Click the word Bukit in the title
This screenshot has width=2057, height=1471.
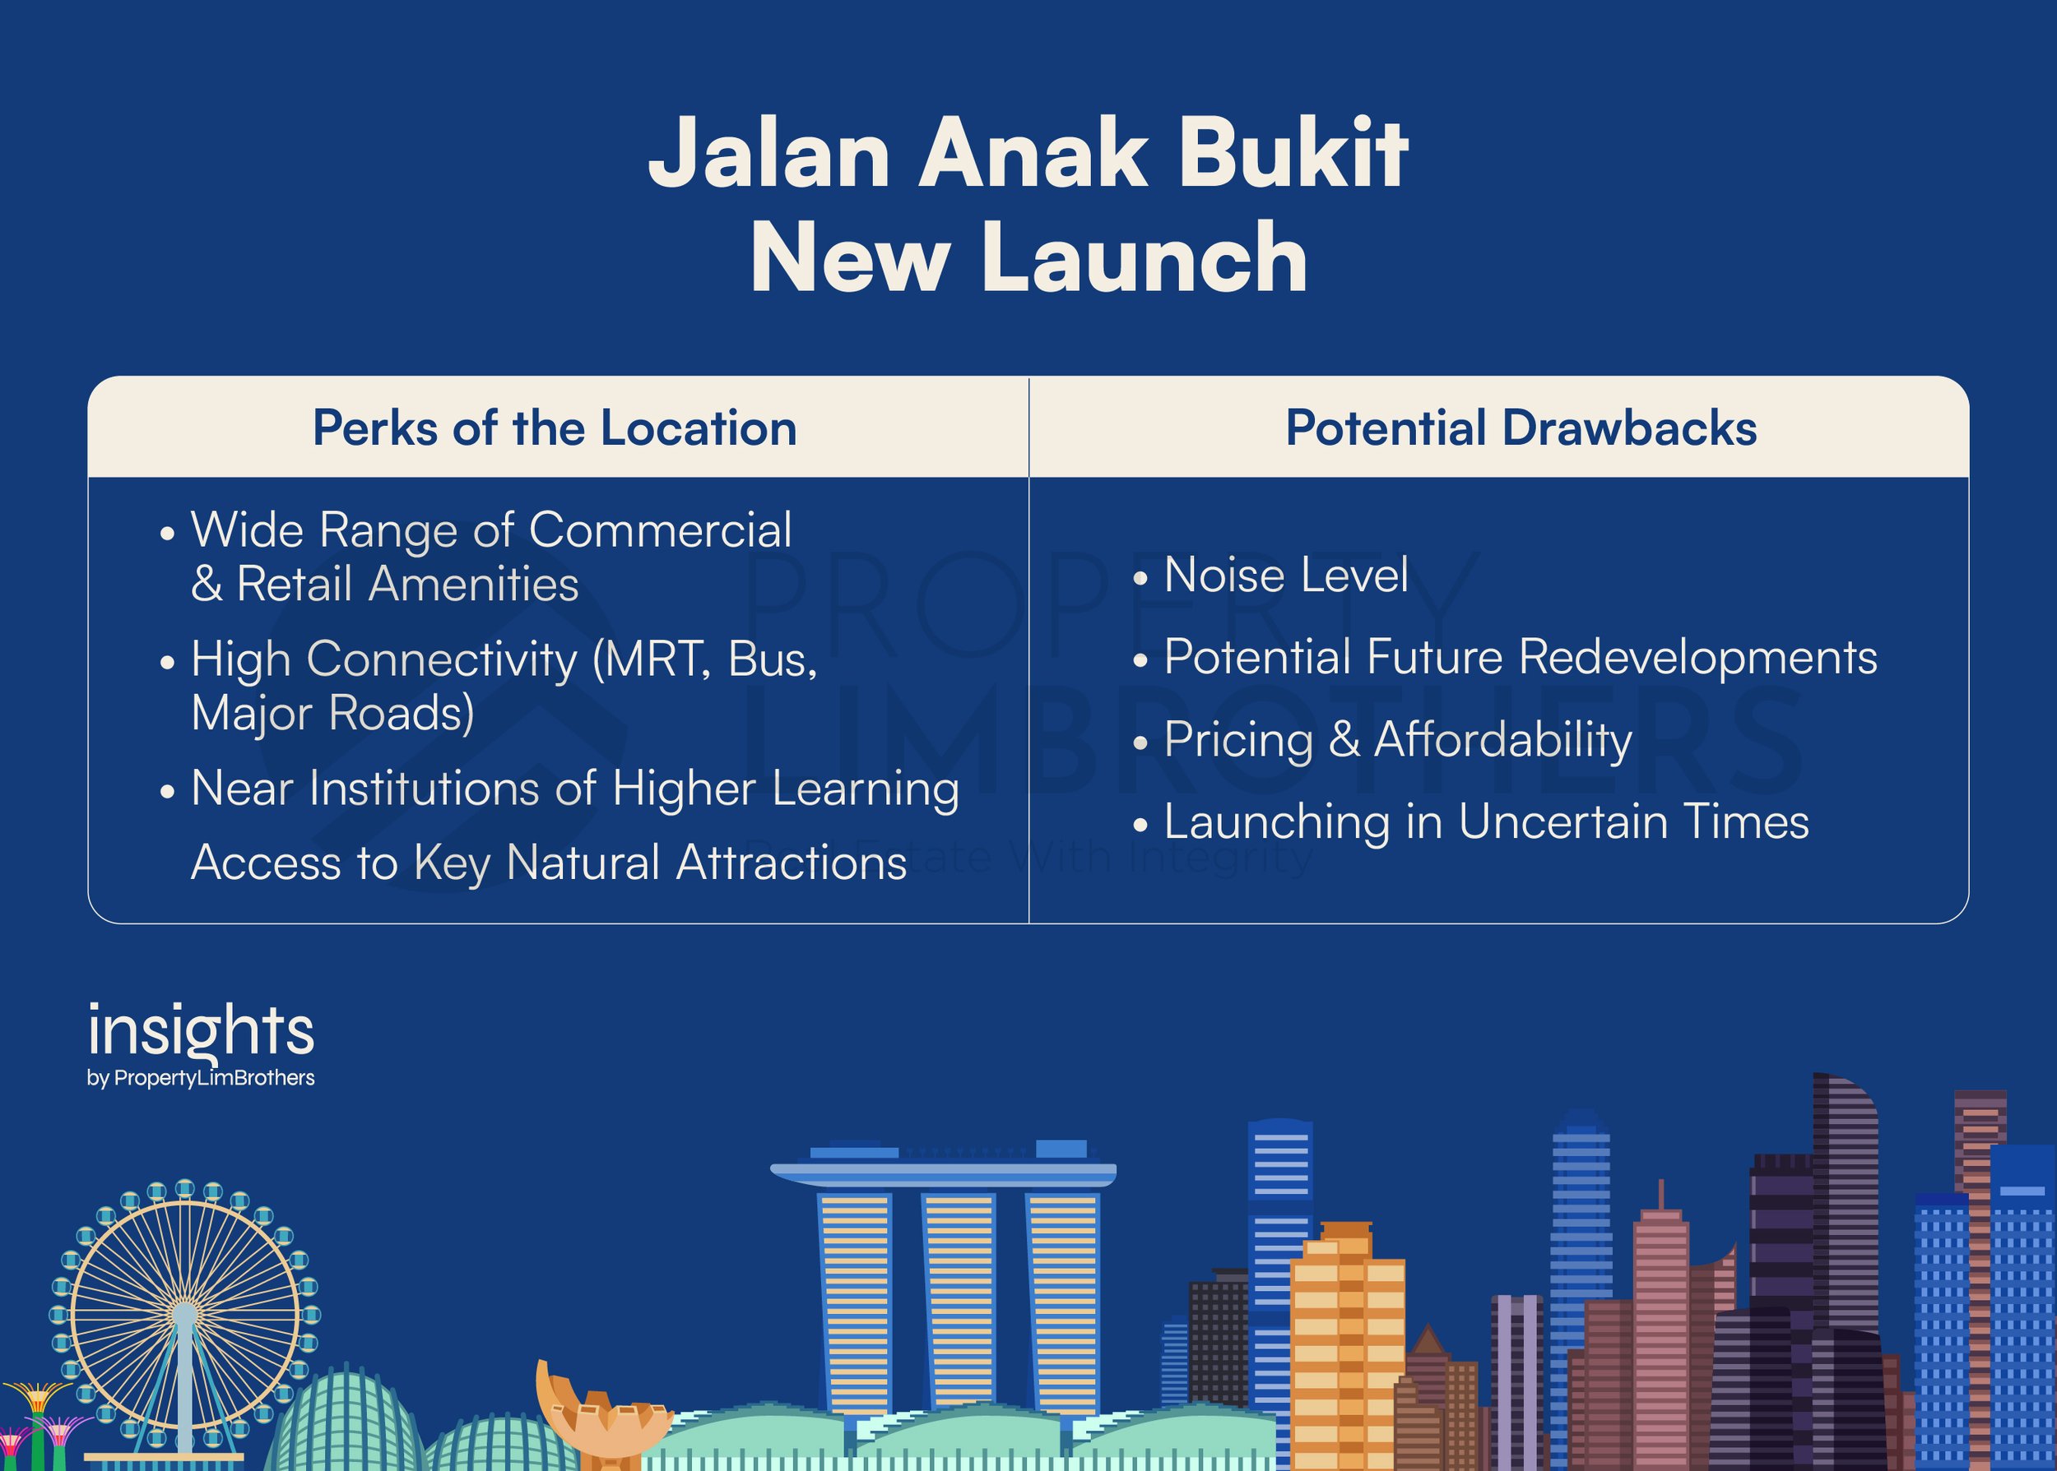pyautogui.click(x=1280, y=152)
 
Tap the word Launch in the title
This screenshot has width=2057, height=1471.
pyautogui.click(x=1145, y=259)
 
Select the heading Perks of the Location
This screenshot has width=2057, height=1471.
pyautogui.click(x=555, y=428)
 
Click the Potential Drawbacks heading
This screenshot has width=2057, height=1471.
pyautogui.click(x=1521, y=428)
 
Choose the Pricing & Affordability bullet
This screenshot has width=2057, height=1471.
pyautogui.click(x=1384, y=740)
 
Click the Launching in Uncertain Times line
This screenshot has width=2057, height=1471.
pyautogui.click(x=1472, y=822)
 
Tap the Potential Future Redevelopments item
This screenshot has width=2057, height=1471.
pyautogui.click(x=1505, y=657)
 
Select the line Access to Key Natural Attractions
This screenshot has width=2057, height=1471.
pyautogui.click(x=549, y=863)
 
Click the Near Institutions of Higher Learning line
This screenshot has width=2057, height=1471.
pyautogui.click(x=560, y=789)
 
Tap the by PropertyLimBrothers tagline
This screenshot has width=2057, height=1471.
pyautogui.click(x=201, y=1078)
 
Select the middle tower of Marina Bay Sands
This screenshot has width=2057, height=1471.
pyautogui.click(x=959, y=1303)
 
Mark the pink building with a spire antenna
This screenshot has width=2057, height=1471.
pyautogui.click(x=1661, y=1322)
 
